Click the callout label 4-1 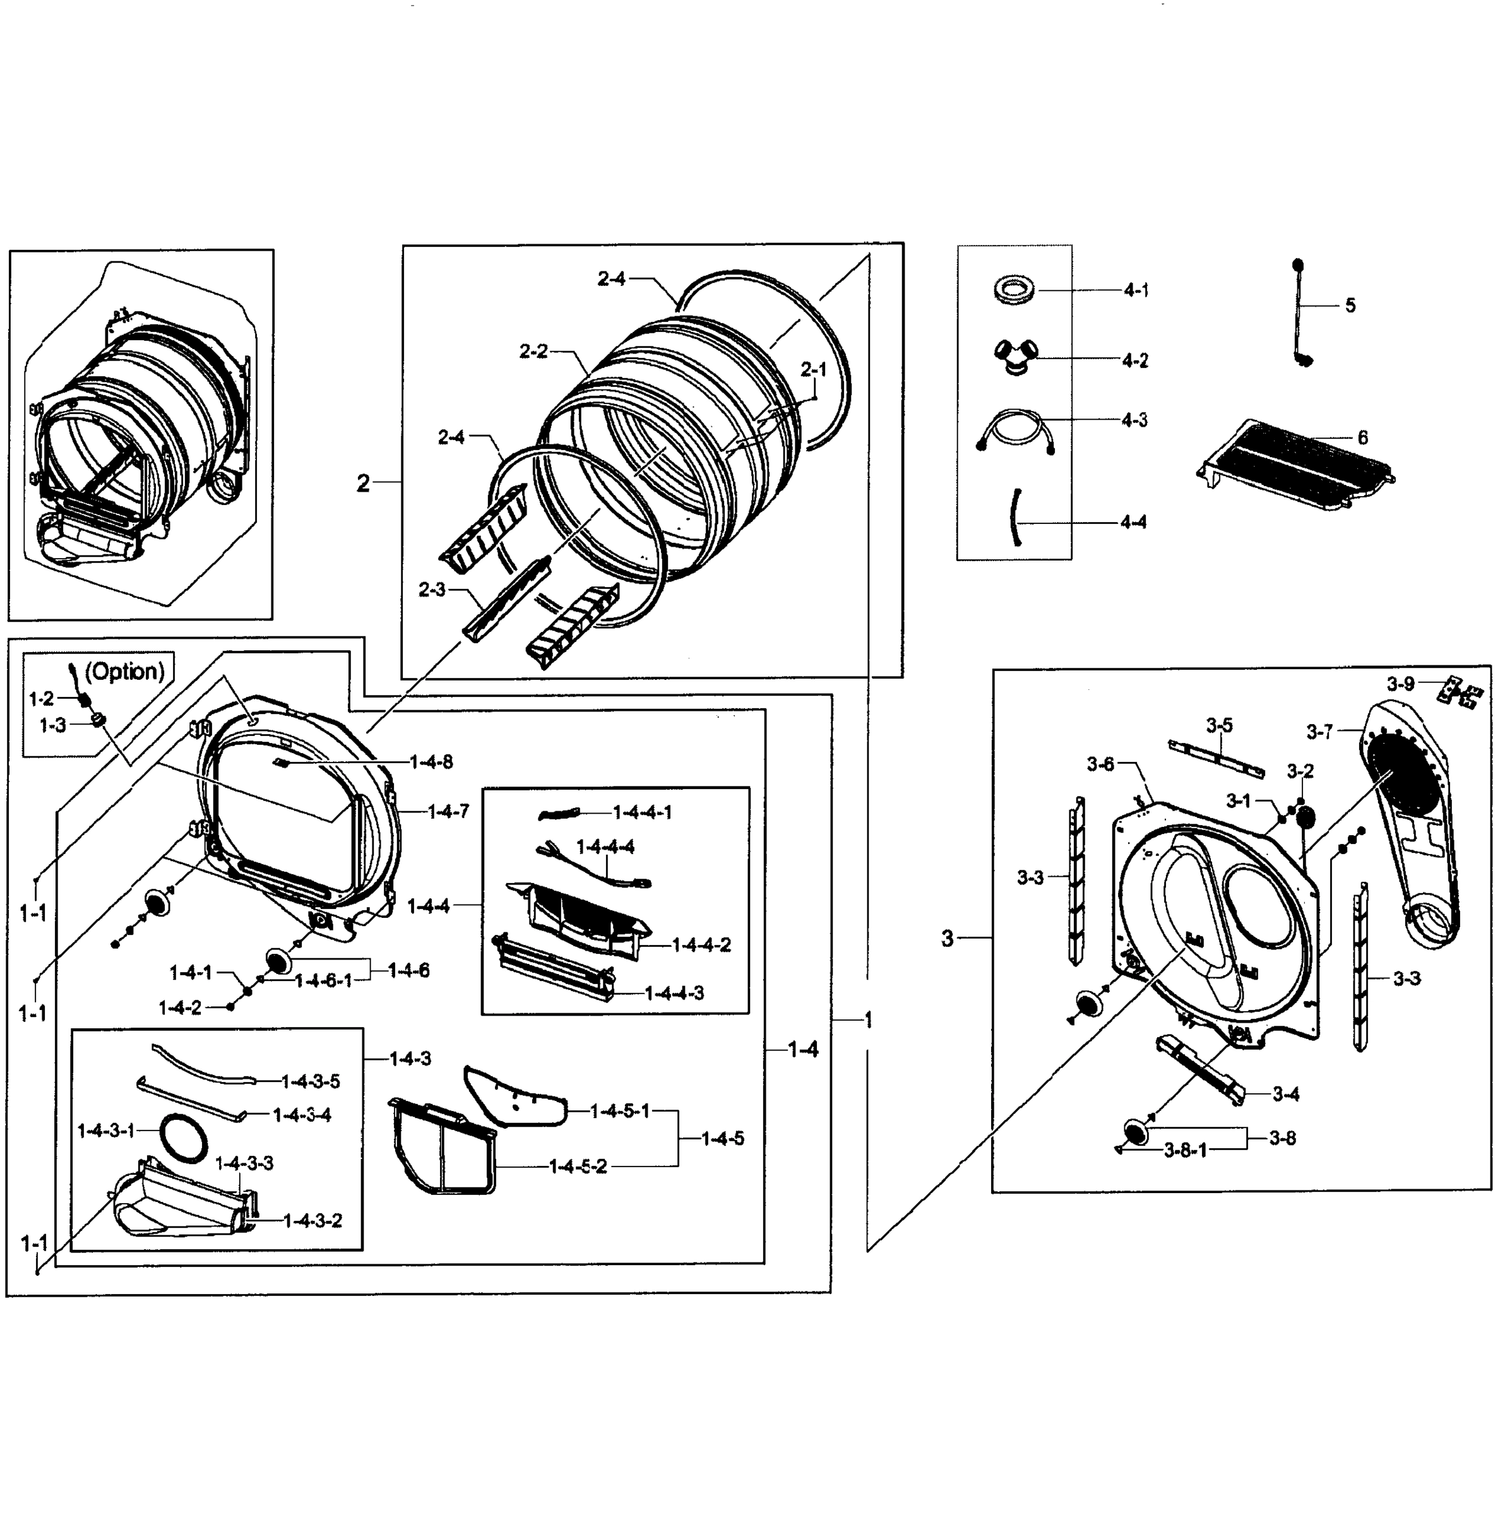click(x=1136, y=290)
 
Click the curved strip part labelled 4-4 click(x=1016, y=517)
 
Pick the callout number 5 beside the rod click(x=1350, y=305)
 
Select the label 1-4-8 click(x=431, y=762)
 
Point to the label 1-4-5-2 click(x=578, y=1166)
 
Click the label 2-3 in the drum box click(x=431, y=590)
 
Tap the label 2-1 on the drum click(x=813, y=369)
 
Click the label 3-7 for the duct click(x=1319, y=732)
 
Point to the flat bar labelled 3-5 click(x=1216, y=759)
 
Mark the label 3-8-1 click(x=1185, y=1150)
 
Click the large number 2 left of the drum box click(x=363, y=483)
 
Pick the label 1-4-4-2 click(x=701, y=945)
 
